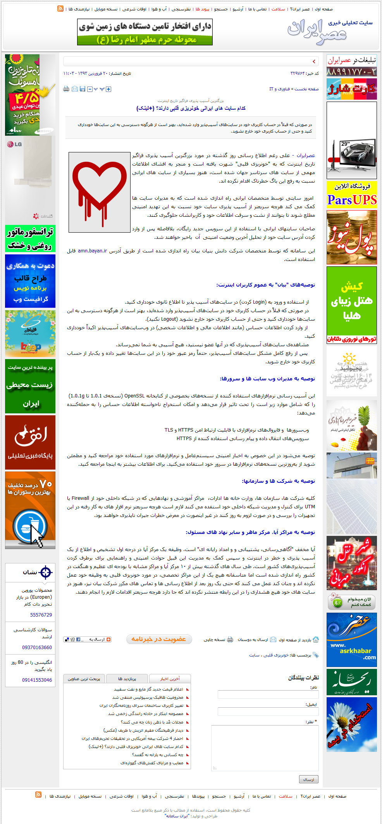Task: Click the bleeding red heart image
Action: click(x=100, y=192)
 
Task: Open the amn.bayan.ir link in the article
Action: click(x=92, y=251)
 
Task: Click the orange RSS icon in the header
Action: click(x=60, y=9)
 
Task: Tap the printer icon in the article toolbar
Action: click(x=66, y=89)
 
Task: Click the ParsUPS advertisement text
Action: click(x=351, y=200)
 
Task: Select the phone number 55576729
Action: click(x=41, y=615)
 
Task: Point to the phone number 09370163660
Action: click(x=37, y=647)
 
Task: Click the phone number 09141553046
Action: click(x=37, y=680)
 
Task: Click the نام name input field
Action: click(x=268, y=694)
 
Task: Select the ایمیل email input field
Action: click(x=268, y=712)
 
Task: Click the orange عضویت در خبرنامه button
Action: click(x=159, y=639)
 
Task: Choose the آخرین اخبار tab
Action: click(x=170, y=678)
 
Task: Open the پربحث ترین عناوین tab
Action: click(x=84, y=678)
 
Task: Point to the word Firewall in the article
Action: click(x=80, y=498)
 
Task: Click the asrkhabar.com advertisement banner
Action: click(x=351, y=639)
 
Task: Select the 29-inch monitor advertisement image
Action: click(x=351, y=140)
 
